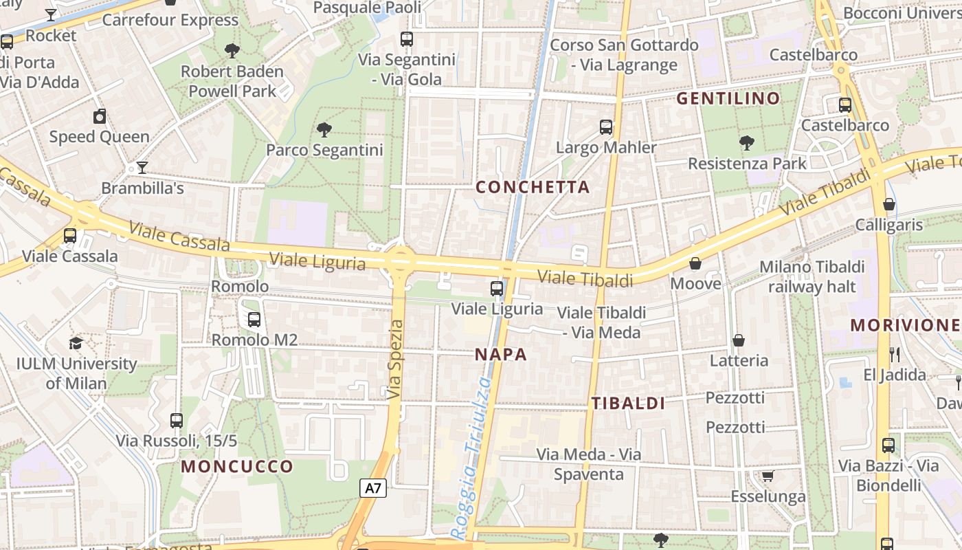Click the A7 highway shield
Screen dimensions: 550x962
tap(373, 488)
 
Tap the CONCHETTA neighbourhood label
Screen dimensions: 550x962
tap(533, 187)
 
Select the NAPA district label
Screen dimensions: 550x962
tap(501, 355)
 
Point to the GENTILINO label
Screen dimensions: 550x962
tap(728, 98)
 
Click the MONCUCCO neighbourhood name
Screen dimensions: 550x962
tap(237, 467)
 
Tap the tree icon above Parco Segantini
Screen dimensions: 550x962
tap(324, 129)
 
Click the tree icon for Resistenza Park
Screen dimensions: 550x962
tap(746, 143)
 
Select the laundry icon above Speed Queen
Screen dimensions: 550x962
tap(100, 116)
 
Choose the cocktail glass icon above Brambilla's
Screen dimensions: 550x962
tap(142, 167)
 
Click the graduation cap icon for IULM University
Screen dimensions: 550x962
tap(76, 343)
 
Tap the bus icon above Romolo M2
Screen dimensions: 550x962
tap(254, 319)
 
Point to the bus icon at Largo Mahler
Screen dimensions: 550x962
tap(605, 126)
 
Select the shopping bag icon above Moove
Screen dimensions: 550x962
tap(695, 263)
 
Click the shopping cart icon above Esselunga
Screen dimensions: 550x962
tap(768, 476)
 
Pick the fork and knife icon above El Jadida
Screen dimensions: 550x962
tap(894, 355)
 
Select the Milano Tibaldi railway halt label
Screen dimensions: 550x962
tap(812, 276)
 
